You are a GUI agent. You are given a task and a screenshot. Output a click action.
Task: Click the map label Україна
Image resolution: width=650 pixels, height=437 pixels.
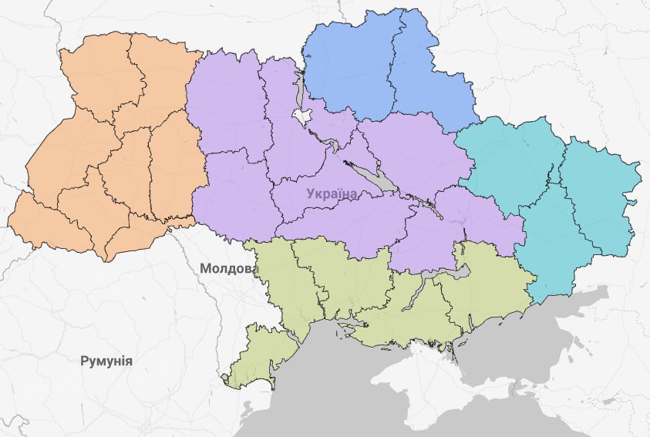(x=332, y=193)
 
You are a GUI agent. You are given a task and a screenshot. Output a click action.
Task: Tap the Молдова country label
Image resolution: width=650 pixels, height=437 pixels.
(x=225, y=269)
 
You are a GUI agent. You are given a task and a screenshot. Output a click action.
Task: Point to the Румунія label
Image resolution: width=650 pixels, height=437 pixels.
(x=106, y=361)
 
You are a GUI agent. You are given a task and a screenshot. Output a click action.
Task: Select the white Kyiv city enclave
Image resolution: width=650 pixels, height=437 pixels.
(x=301, y=116)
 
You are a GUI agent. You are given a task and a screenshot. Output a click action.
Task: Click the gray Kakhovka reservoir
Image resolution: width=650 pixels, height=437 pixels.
(x=455, y=272)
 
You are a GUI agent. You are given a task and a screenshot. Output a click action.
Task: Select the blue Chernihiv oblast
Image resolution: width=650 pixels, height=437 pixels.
(x=347, y=66)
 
